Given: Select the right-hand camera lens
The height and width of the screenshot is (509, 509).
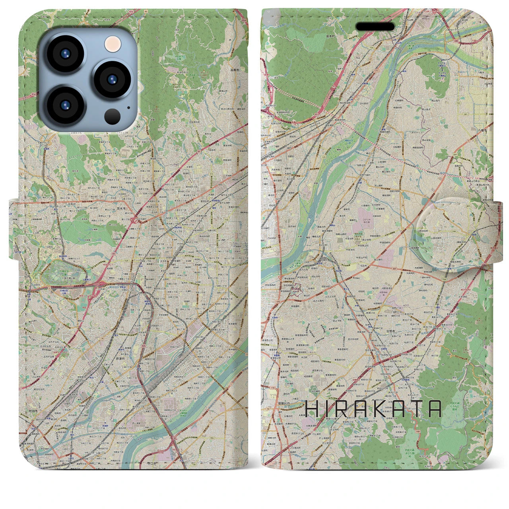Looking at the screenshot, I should (110, 79).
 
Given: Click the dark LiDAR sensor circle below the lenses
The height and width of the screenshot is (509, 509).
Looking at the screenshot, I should (113, 116).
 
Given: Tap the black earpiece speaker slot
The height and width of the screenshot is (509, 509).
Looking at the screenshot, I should (375, 26).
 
